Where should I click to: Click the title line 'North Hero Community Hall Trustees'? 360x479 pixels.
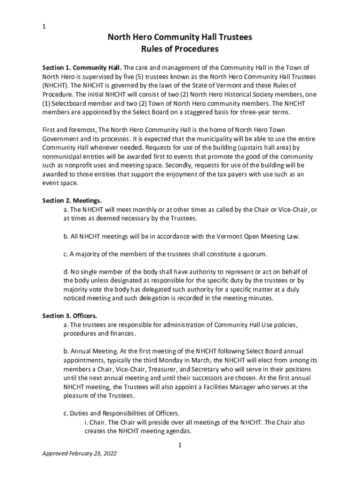click(180, 38)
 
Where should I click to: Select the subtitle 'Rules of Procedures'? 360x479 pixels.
click(180, 49)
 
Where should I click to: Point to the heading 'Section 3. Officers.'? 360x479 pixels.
click(70, 316)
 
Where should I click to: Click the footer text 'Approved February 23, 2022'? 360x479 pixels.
click(79, 453)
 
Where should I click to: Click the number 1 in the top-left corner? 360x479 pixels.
click(44, 27)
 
